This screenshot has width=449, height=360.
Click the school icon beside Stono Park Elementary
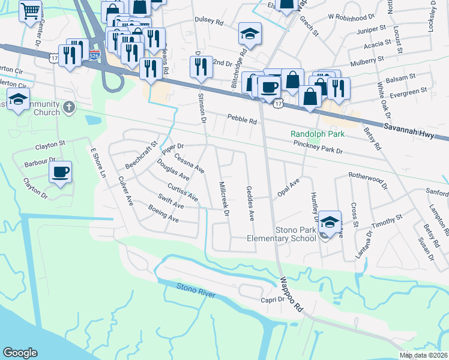(330, 221)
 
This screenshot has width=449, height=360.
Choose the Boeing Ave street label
(164, 214)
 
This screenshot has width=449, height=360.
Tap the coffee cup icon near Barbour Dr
(60, 172)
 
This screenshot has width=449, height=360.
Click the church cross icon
(69, 108)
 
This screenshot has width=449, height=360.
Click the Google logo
(20, 352)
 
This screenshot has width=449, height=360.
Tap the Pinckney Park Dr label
(318, 148)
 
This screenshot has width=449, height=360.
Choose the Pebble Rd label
(241, 120)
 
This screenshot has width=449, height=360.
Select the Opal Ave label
(288, 187)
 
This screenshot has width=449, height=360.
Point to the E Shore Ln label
(98, 163)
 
